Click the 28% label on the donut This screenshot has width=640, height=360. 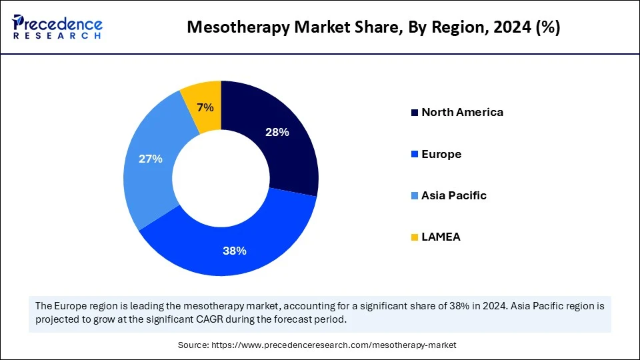tap(277, 132)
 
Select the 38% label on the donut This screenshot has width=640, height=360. tap(235, 251)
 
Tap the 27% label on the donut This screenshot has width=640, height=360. tap(150, 159)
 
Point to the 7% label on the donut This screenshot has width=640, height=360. tap(205, 107)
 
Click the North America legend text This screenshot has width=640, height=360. tap(462, 112)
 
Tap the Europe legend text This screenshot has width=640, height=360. tap(441, 154)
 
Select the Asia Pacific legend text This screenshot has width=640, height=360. tap(453, 195)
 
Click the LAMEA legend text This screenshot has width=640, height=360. tap(441, 237)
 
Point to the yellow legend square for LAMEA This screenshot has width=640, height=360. tap(415, 237)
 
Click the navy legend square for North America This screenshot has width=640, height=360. tap(415, 113)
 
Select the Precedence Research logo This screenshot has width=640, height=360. tap(57, 27)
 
